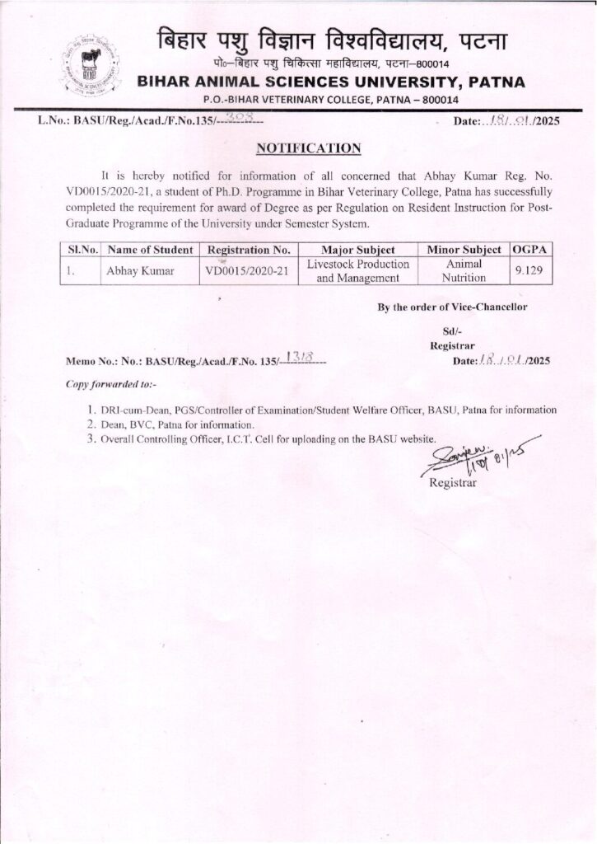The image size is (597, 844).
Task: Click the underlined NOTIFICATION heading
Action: [x=309, y=148]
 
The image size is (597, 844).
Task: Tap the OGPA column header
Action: [x=532, y=249]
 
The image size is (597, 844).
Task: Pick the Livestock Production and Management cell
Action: [x=357, y=270]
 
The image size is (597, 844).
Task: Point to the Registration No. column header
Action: [x=249, y=249]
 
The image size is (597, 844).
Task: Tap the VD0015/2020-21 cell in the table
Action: [x=247, y=270]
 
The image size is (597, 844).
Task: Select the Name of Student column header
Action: [x=150, y=249]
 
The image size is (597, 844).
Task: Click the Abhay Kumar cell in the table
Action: [x=138, y=270]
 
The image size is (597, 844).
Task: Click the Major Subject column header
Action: [x=357, y=249]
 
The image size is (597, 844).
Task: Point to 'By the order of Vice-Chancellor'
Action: [x=452, y=307]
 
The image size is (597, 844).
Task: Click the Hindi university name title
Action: [x=333, y=39]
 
